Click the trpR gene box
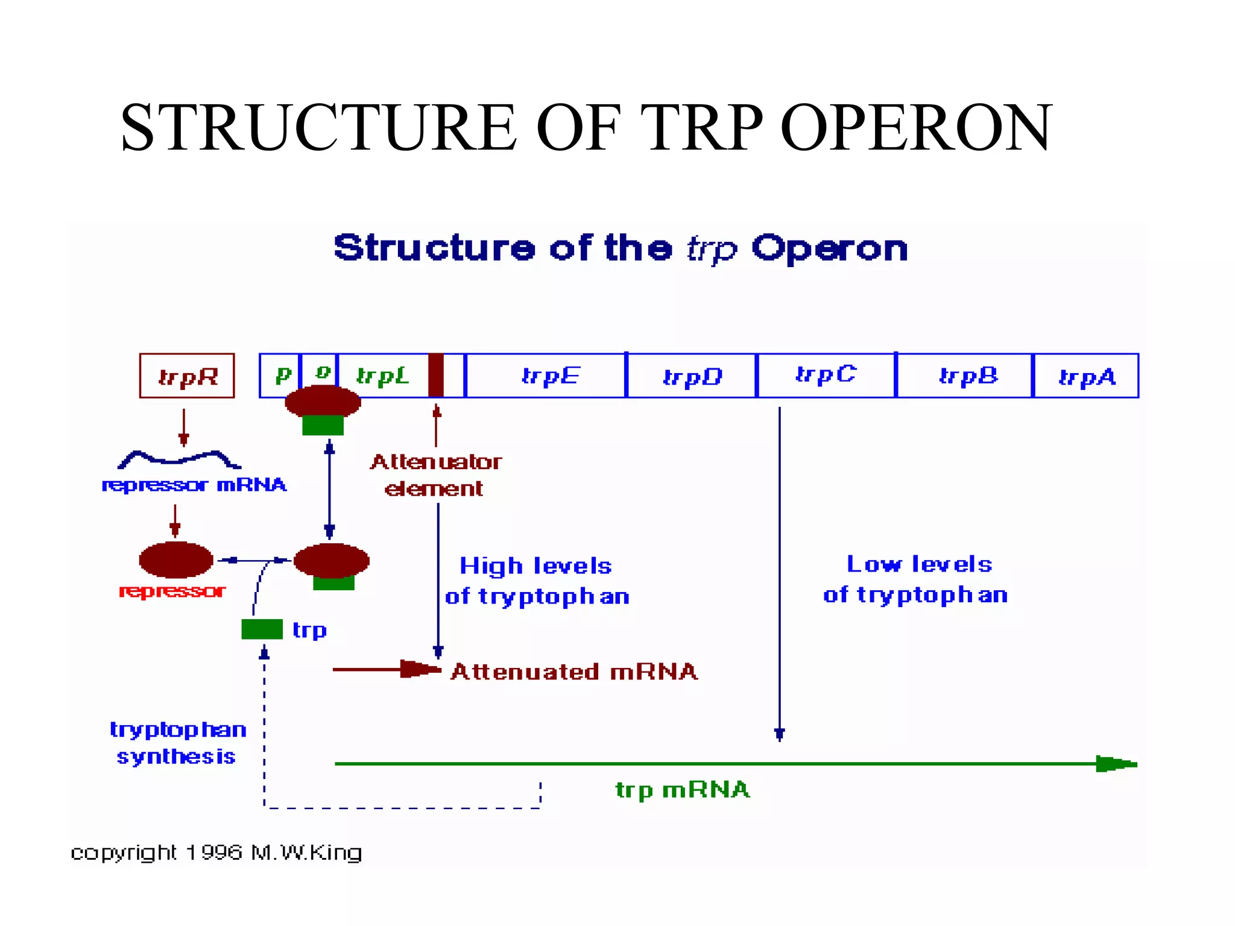(187, 376)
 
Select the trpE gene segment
(546, 376)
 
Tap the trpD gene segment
(692, 376)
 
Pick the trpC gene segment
(826, 376)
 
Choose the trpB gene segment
(965, 376)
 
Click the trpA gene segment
(1086, 376)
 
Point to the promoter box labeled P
(280, 375)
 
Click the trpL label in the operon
(382, 376)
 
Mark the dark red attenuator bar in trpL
(436, 375)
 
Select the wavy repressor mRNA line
(179, 459)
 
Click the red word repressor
(172, 591)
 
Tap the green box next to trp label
(262, 629)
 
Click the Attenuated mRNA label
(573, 672)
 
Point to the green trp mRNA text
(682, 789)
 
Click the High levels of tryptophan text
(537, 581)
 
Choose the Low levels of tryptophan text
(915, 579)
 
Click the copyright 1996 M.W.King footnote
(216, 852)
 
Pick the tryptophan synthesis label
(177, 743)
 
